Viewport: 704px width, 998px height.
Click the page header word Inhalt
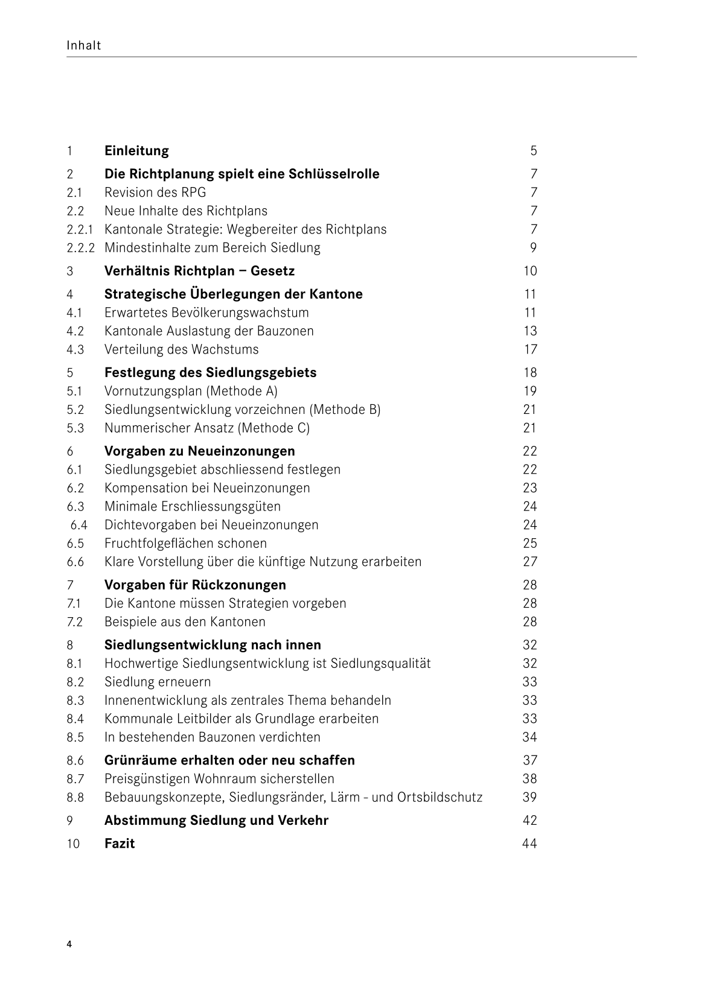[x=84, y=45]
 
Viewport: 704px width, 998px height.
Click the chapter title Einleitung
[x=136, y=151]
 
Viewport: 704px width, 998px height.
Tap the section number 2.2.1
[x=80, y=230]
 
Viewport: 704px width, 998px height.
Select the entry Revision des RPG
[x=155, y=192]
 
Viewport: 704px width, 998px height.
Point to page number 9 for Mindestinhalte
[x=533, y=248]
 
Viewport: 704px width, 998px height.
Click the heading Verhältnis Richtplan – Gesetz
[x=199, y=271]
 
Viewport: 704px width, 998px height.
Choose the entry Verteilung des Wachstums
[x=181, y=349]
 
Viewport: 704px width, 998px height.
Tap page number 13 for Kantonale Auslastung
[x=530, y=331]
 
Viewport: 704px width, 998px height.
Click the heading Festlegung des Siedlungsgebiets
[x=210, y=373]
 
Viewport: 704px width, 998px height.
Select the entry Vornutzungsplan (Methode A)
[x=191, y=391]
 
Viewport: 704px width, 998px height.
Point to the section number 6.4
[x=78, y=525]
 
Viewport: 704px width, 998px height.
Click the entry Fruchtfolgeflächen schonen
[x=185, y=544]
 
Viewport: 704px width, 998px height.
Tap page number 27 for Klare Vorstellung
[x=530, y=562]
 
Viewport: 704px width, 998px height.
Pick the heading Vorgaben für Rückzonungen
[x=195, y=585]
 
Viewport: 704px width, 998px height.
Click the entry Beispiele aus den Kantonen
[x=185, y=622]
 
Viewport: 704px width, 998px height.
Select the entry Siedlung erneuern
[x=158, y=682]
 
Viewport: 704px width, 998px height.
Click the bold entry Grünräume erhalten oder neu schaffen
[x=229, y=760]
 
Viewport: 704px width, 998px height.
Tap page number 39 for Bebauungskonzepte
[x=530, y=797]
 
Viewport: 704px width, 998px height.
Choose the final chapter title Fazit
[x=120, y=844]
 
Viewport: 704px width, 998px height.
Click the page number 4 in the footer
[x=69, y=944]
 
